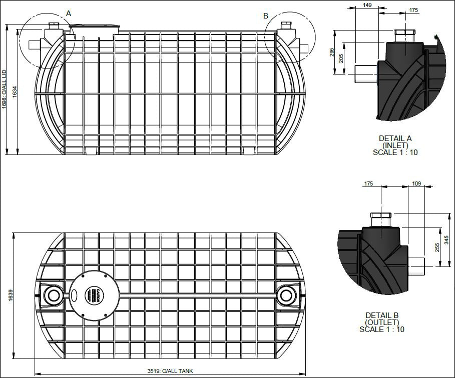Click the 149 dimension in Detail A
click(x=368, y=5)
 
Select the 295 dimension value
click(x=332, y=52)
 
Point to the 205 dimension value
click(x=341, y=58)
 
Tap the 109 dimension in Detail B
click(x=416, y=184)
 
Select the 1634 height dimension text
click(x=15, y=91)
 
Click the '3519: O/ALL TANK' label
click(x=170, y=371)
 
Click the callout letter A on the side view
click(x=69, y=13)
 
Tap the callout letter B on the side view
click(x=266, y=16)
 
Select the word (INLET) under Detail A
click(x=395, y=145)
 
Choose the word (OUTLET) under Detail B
click(x=382, y=322)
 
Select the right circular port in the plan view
click(x=286, y=295)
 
